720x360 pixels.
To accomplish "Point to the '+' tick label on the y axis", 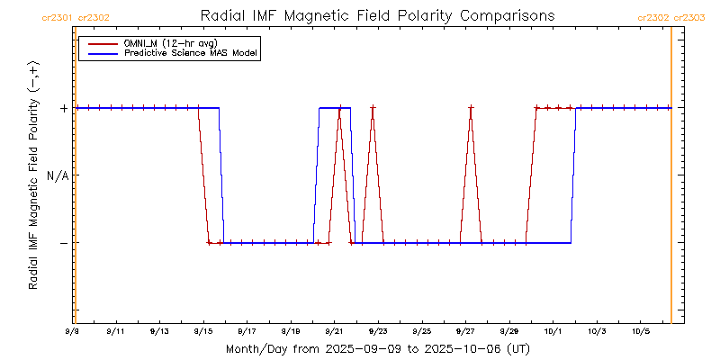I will [64, 108].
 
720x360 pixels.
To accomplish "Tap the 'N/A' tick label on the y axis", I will [58, 175].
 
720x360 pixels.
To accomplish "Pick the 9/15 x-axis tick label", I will [203, 331].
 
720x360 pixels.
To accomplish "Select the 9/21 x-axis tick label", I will [334, 331].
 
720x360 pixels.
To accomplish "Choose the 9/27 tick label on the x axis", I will [465, 331].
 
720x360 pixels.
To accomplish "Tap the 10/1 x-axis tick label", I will [553, 331].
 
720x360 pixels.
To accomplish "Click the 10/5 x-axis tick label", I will [640, 331].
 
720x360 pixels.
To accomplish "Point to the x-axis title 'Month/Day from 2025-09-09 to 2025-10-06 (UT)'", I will [377, 348].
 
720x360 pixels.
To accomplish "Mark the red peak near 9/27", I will [471, 108].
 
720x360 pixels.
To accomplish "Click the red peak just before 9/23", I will [373, 108].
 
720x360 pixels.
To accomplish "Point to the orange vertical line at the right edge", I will [671, 180].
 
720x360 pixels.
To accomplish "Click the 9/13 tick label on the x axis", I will [159, 331].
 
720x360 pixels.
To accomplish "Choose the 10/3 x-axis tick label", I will [597, 331].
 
